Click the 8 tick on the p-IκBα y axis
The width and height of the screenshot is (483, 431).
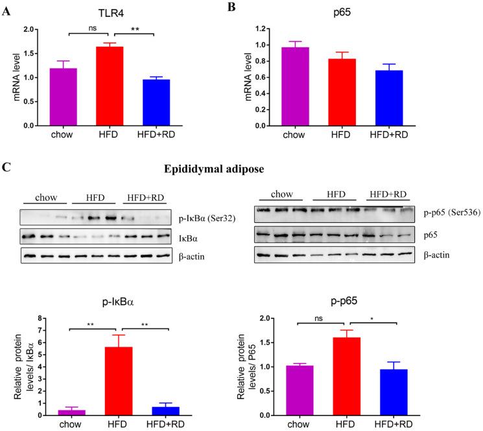(x=42, y=318)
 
